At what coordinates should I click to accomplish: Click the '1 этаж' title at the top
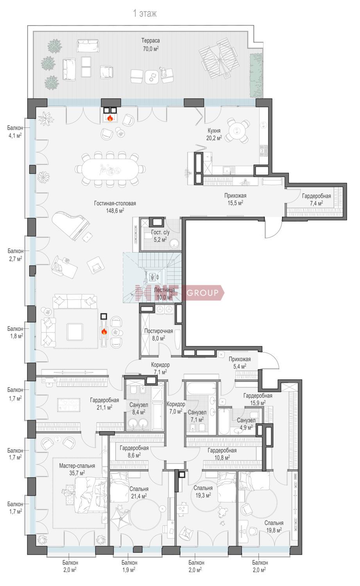point(145,13)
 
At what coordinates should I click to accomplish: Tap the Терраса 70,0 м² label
point(150,45)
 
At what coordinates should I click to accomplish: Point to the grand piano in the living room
point(71,225)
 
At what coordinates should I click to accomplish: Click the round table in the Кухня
point(237,131)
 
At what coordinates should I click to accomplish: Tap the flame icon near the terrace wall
point(110,118)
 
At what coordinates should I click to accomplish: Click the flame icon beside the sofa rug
point(104,332)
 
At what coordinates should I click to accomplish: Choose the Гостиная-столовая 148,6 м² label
point(115,207)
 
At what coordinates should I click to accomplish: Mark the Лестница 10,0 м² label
point(165,293)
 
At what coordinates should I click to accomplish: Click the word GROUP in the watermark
point(202,293)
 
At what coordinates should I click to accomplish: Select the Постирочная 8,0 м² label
point(159,334)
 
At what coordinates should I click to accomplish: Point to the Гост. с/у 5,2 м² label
point(160,236)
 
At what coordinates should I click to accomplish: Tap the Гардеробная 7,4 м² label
point(316,200)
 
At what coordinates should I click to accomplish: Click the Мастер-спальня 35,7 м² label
point(77,469)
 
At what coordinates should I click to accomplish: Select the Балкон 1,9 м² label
point(129,566)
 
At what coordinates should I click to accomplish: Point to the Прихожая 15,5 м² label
point(235,199)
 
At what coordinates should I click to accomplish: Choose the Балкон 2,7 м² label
point(15,255)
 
